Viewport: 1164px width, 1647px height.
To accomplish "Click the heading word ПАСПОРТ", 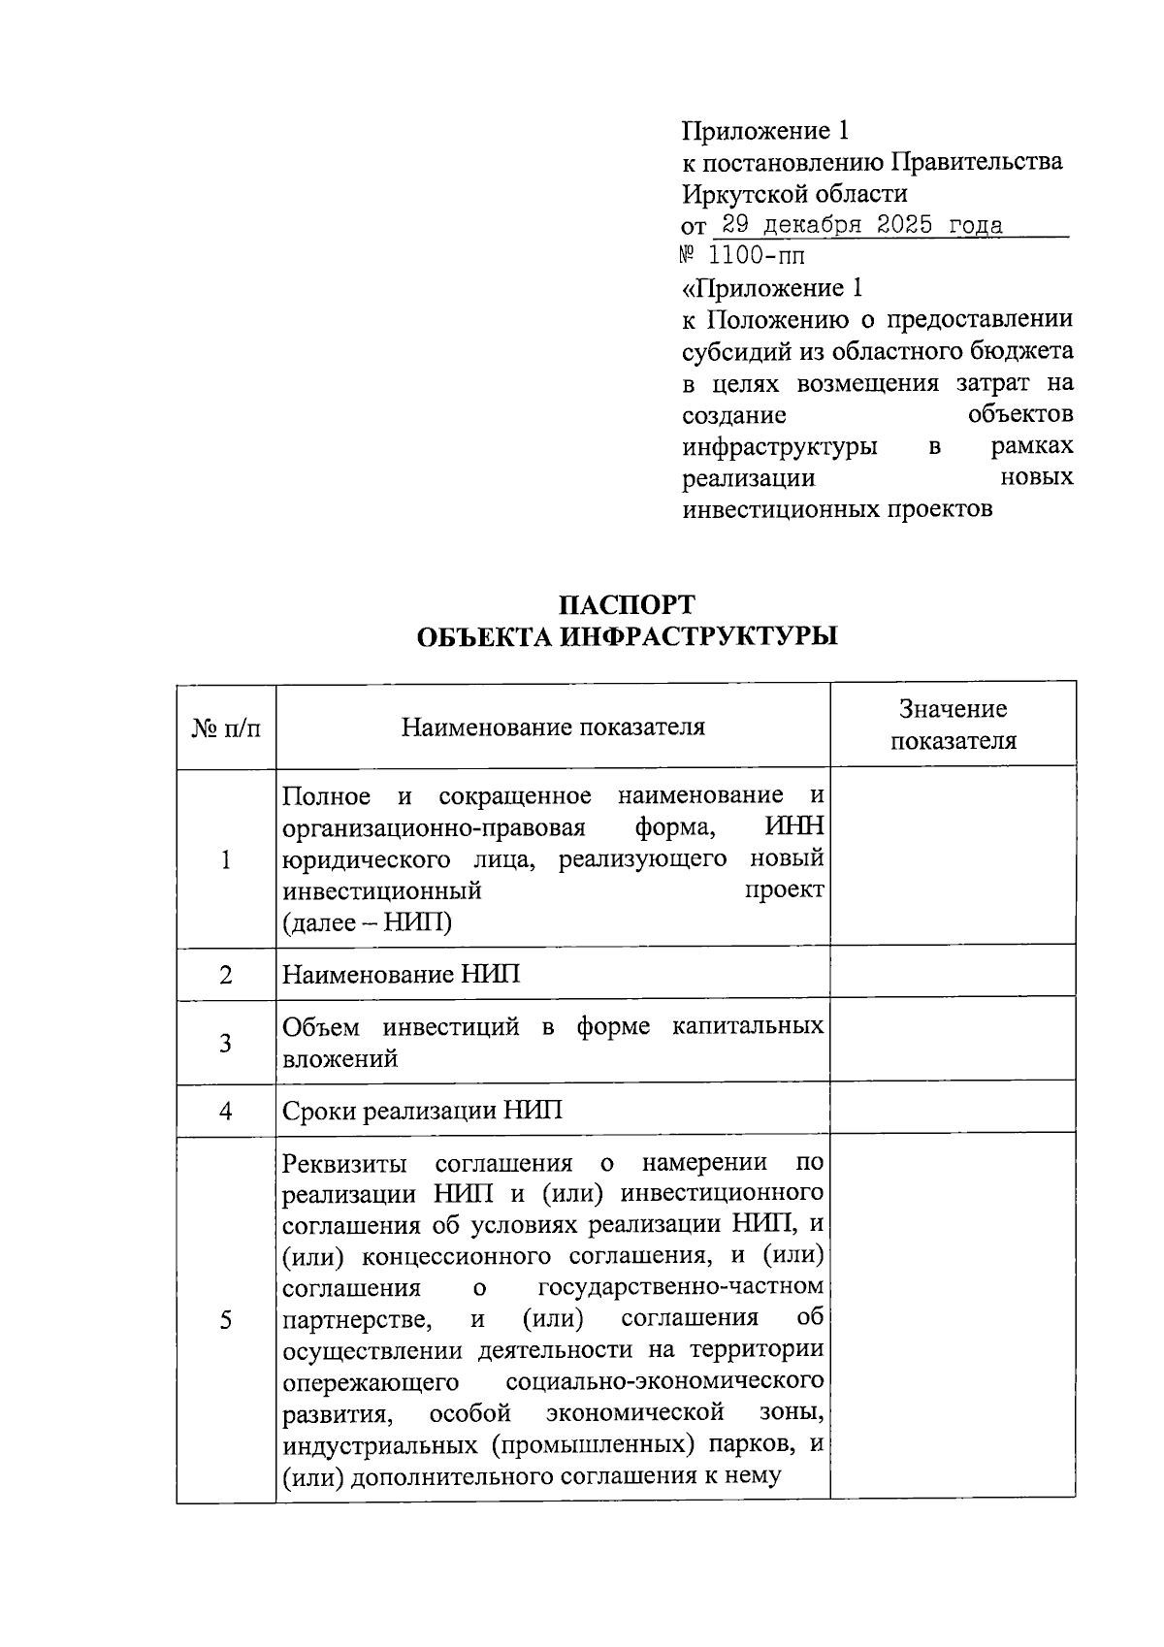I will (x=627, y=605).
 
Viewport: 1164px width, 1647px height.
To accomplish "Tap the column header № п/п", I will (x=226, y=727).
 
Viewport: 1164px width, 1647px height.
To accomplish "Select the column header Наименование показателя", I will (x=553, y=727).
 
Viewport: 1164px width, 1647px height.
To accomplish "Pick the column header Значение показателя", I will (x=953, y=726).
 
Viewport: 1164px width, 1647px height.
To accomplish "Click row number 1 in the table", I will (x=226, y=859).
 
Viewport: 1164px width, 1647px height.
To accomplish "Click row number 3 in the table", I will (x=226, y=1044).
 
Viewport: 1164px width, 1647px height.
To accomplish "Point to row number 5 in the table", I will (x=226, y=1320).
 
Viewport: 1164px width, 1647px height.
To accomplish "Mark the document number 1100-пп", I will (x=757, y=257).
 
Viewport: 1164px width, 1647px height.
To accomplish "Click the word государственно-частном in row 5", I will (x=680, y=1287).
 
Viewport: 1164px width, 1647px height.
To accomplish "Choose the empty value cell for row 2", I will (x=953, y=971).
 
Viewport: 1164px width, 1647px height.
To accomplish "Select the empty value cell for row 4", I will (x=953, y=1108).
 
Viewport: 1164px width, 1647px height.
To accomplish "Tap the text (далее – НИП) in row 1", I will (x=367, y=922).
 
